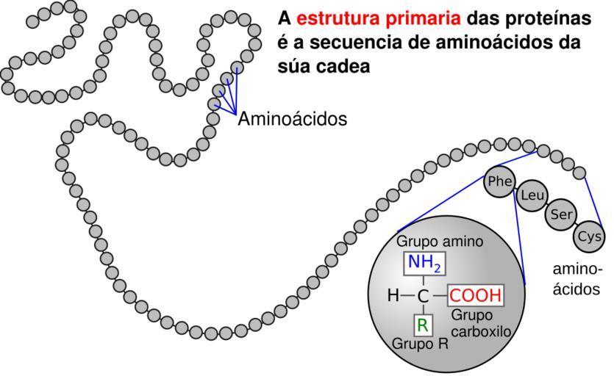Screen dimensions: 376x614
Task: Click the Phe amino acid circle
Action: point(499,182)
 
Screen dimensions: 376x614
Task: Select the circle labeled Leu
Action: point(531,197)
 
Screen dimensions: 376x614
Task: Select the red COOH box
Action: point(476,296)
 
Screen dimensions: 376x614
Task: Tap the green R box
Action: point(423,325)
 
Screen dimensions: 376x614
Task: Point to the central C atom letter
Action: point(423,297)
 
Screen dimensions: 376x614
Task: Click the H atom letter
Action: point(393,297)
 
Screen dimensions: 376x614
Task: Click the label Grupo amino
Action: point(440,241)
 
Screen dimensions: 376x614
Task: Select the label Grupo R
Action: point(419,344)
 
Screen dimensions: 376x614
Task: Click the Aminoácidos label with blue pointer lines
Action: point(292,119)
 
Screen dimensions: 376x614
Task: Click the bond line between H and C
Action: point(407,297)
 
